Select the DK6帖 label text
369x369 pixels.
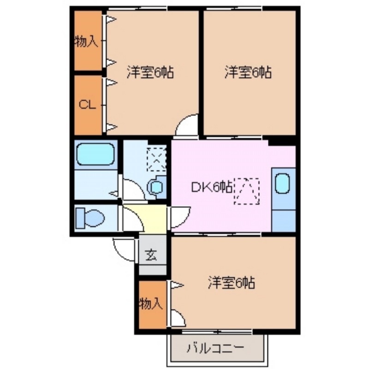tap(212, 187)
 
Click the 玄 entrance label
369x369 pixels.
tap(150, 255)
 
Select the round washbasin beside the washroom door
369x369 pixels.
tap(156, 187)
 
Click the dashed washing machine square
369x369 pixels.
tap(156, 158)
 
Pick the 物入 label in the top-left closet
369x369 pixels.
tap(86, 42)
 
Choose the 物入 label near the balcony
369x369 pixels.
tap(151, 303)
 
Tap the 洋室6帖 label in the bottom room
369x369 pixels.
tap(232, 282)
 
